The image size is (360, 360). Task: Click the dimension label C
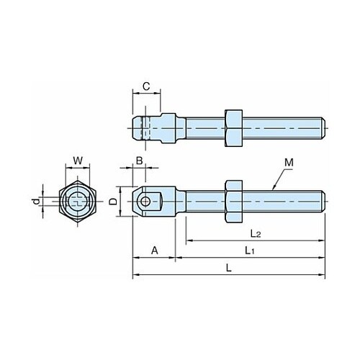pos(146,86)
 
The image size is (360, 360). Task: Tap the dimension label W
pos(78,161)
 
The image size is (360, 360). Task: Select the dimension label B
pos(140,161)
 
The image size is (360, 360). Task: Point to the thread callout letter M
pos(289,163)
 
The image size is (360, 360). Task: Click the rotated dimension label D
pos(112,201)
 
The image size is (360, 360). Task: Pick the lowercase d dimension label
pos(36,202)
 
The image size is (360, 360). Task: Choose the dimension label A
pos(155,251)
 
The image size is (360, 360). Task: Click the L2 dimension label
pos(256,233)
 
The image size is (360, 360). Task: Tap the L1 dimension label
pos(250,251)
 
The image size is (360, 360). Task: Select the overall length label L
pos(229,268)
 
